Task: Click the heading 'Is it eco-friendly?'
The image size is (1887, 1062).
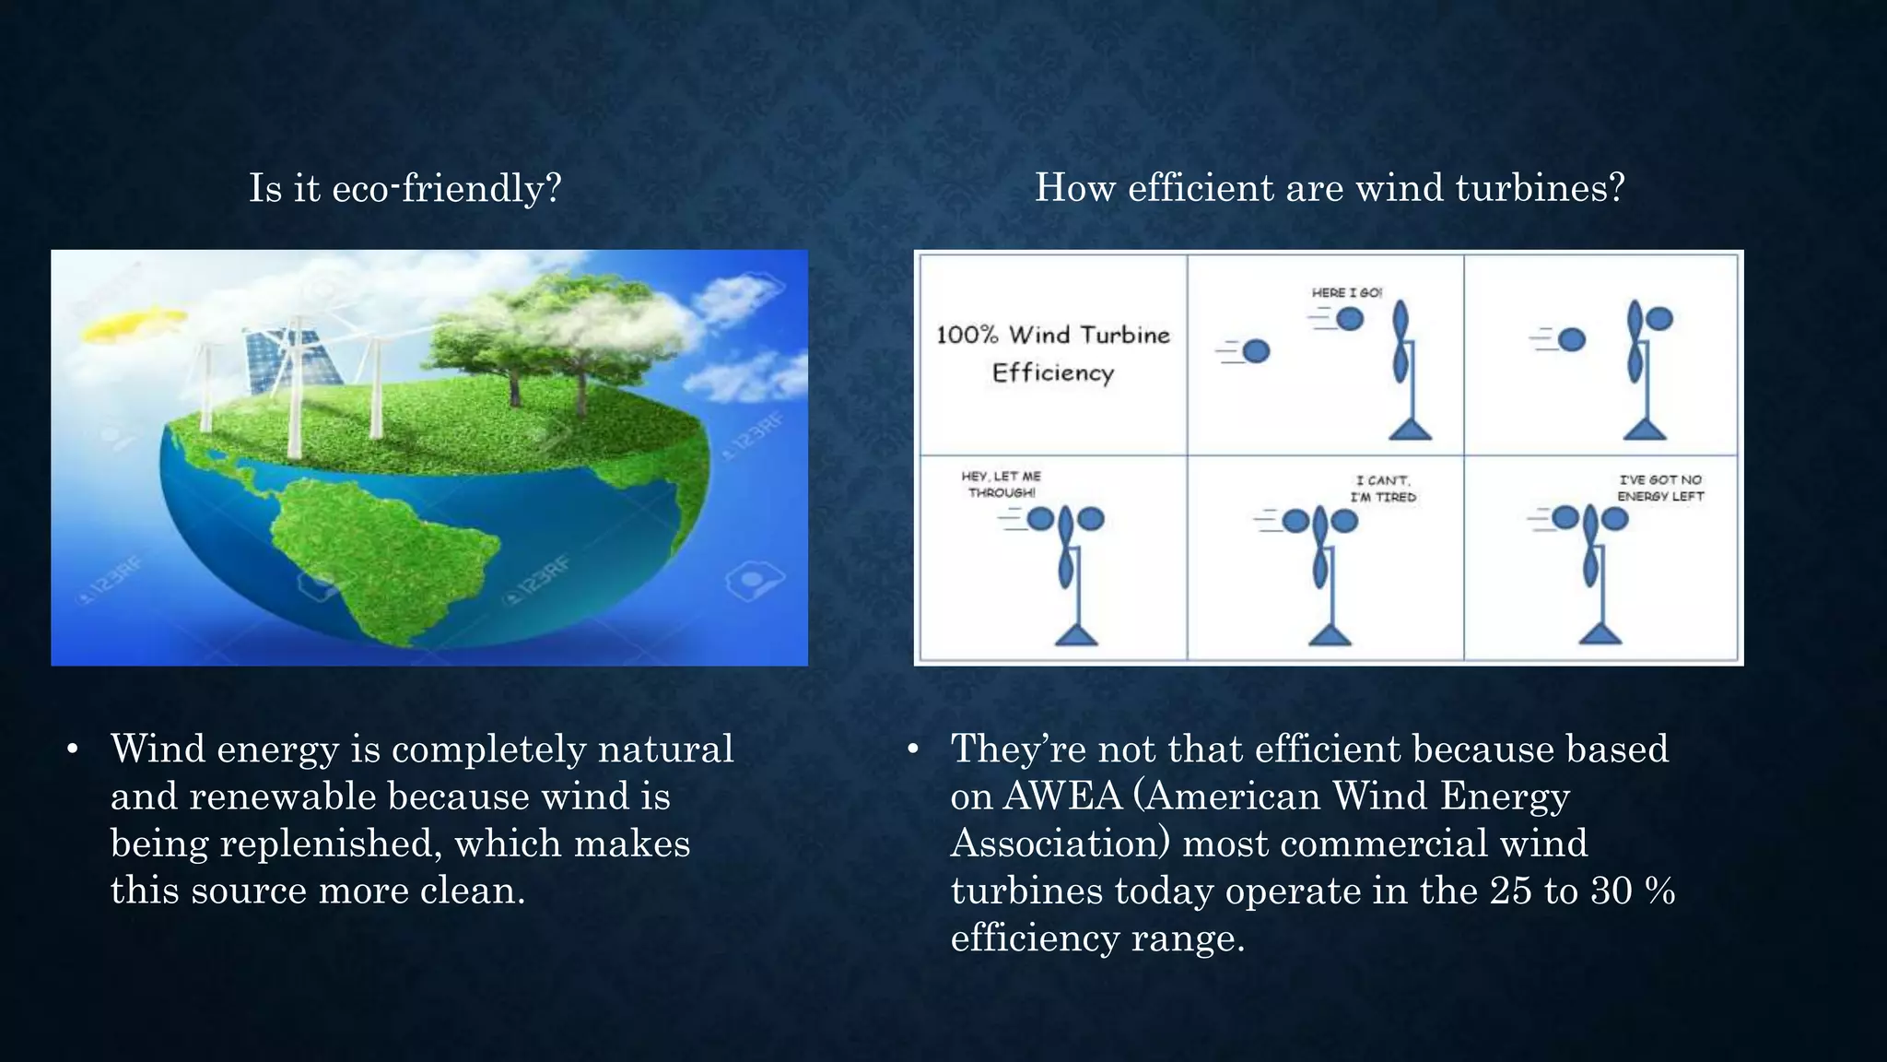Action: click(404, 188)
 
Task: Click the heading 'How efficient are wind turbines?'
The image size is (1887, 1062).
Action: click(1329, 188)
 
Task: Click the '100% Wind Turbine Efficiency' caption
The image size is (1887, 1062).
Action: click(1053, 353)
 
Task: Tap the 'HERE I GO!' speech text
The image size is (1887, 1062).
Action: click(1346, 292)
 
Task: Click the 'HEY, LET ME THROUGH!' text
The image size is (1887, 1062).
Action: click(1001, 484)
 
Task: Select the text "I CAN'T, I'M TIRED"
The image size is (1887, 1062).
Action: click(1383, 488)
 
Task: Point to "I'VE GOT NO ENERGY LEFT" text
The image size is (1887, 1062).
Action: click(1660, 488)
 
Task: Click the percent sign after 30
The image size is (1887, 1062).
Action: click(1659, 891)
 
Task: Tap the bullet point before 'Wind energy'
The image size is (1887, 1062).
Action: click(73, 749)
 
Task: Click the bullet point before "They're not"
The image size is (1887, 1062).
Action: click(912, 749)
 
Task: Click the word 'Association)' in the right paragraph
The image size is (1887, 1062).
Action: click(1060, 844)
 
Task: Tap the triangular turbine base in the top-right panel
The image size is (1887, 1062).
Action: click(1645, 429)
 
